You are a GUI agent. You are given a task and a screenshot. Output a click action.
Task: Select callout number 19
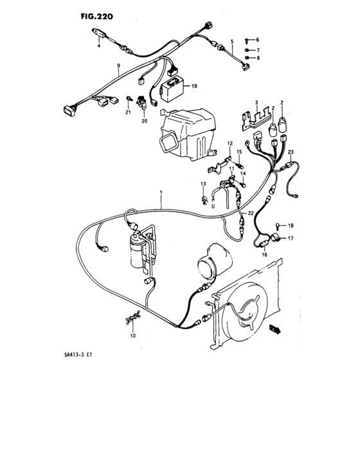(x=194, y=85)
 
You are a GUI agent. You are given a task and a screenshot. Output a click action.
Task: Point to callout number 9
(x=118, y=66)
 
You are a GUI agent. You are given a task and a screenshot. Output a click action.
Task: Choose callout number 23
(x=291, y=152)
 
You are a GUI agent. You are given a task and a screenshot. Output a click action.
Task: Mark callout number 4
(x=99, y=47)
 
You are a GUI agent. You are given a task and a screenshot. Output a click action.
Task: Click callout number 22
(x=251, y=213)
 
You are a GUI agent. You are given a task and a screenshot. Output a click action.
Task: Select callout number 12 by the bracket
(x=230, y=143)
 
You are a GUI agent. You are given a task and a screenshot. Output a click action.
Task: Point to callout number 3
(x=255, y=103)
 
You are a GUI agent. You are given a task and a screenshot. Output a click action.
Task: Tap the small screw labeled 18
(x=278, y=226)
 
